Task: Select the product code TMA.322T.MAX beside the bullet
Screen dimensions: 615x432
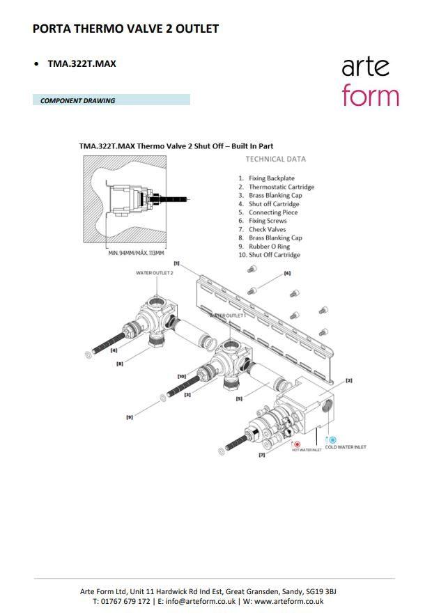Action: [82, 63]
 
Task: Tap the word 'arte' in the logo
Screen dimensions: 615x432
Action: [366, 67]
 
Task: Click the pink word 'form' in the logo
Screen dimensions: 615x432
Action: [370, 95]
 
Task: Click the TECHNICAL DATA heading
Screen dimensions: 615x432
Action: [275, 159]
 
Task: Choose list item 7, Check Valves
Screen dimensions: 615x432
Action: [267, 229]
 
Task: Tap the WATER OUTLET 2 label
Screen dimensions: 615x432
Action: [155, 273]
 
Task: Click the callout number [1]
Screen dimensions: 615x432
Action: [177, 263]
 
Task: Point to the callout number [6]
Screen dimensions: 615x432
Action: [287, 274]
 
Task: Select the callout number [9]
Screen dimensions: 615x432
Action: [130, 417]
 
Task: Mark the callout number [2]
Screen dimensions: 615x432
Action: [349, 380]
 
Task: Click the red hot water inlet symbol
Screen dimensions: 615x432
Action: [296, 443]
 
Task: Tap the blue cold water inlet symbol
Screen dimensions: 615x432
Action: [332, 440]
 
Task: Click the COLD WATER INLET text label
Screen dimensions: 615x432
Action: [346, 447]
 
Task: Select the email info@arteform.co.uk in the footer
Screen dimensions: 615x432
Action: [200, 601]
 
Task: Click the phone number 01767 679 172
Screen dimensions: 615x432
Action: [125, 601]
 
